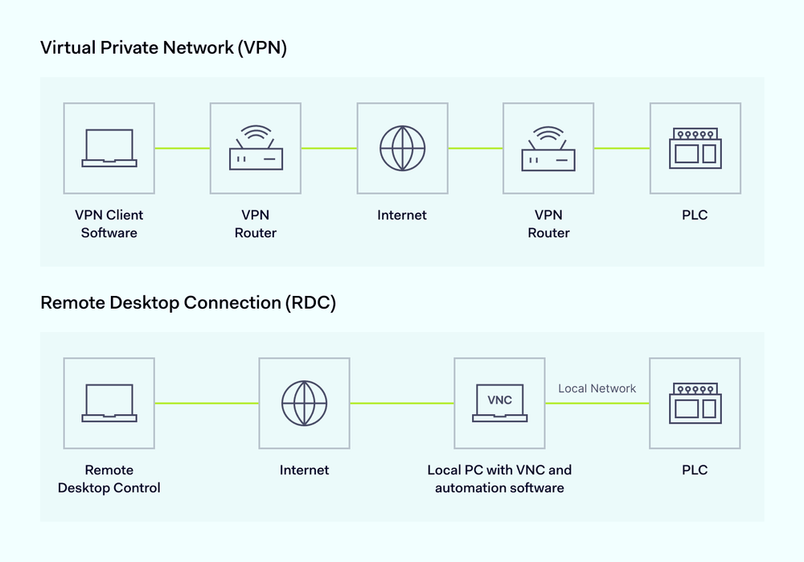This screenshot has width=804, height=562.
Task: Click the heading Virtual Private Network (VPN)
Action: (163, 47)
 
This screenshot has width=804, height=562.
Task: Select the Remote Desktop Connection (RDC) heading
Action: (187, 303)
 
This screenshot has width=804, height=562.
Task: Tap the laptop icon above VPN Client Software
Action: (109, 148)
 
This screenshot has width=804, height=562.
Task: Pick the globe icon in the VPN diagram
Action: (402, 148)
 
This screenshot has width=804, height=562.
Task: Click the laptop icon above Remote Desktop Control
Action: (109, 403)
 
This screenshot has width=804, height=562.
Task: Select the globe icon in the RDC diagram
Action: (304, 403)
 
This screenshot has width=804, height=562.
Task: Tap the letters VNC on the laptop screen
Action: (499, 400)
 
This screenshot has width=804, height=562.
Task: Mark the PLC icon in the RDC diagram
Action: (695, 403)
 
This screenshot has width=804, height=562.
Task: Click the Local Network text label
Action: (597, 388)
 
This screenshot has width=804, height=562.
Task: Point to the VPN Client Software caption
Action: (109, 224)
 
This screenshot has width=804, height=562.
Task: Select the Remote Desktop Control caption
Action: (109, 479)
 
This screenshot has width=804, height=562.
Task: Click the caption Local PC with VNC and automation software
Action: (499, 479)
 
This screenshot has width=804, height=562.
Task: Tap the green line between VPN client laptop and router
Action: (183, 148)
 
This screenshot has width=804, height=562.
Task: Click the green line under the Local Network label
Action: (597, 403)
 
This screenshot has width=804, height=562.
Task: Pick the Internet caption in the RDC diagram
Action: (304, 470)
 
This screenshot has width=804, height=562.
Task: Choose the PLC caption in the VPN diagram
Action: (695, 215)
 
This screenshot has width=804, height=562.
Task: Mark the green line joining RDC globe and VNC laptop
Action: (402, 403)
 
